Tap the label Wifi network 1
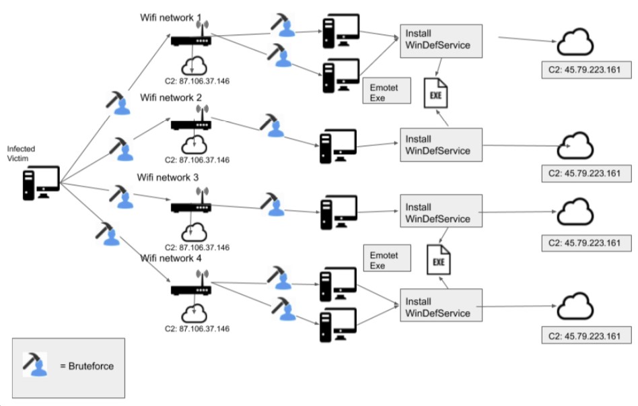coord(171,17)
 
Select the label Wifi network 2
coord(171,98)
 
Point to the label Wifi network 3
coord(168,178)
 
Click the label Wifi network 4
coord(171,259)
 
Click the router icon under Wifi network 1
coord(191,39)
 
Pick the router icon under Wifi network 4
coord(191,288)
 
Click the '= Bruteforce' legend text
coord(87,366)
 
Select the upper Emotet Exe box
coord(386,92)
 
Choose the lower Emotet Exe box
coord(386,261)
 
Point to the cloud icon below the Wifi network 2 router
coord(194,143)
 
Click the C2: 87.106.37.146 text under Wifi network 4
coord(197,329)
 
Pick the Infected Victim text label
coord(21,153)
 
